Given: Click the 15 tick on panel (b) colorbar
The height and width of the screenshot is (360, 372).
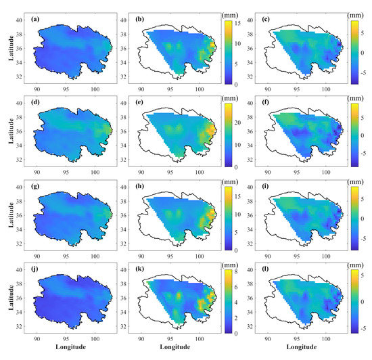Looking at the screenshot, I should coord(236,23).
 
